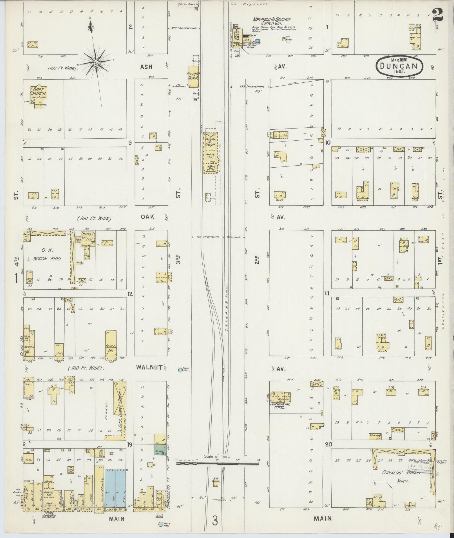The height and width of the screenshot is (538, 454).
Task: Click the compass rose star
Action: coord(96,62)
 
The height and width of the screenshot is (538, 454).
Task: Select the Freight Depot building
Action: coord(194,77)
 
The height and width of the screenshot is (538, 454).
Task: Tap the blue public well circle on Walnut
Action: coord(180,370)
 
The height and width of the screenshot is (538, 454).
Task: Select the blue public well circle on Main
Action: coord(161,524)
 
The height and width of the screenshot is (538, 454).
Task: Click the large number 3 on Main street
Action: coord(215,521)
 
